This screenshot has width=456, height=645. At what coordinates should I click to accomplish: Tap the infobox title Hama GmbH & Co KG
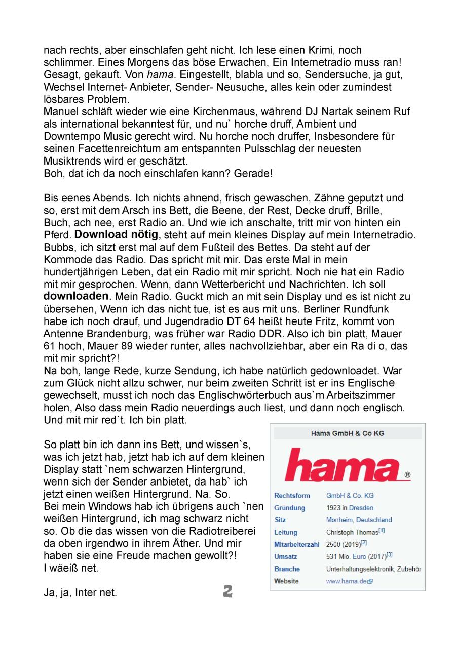coord(347,433)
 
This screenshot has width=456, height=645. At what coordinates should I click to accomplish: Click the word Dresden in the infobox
coord(361,508)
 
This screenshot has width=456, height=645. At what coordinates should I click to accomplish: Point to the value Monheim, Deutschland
coord(359,520)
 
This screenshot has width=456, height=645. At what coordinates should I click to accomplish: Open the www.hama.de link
coord(346,581)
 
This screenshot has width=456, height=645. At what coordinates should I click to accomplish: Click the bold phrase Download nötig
coord(116,234)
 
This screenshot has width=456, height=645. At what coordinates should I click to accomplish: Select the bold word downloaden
coord(76,295)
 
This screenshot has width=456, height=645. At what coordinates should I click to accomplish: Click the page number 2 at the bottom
coord(227,591)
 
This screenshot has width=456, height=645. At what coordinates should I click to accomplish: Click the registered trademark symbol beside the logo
coord(407,476)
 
